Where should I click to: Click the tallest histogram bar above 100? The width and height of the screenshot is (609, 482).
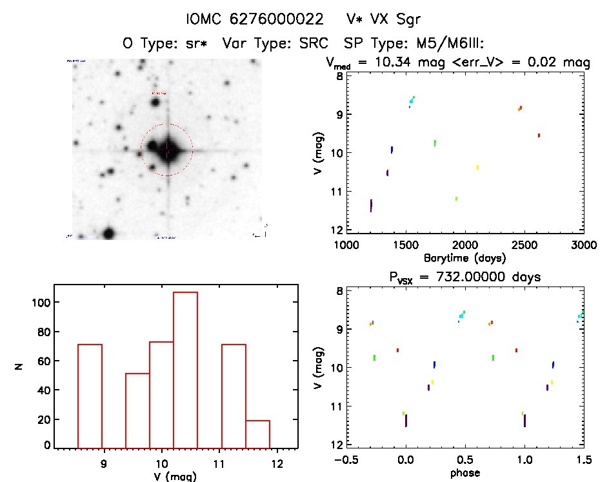(x=185, y=368)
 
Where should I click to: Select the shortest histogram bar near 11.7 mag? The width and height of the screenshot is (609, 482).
(x=257, y=432)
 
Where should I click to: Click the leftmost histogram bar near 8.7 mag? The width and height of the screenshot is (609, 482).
(x=90, y=395)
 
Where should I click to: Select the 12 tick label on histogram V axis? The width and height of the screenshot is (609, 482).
(x=277, y=463)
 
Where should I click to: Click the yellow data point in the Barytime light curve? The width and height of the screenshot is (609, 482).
(x=477, y=167)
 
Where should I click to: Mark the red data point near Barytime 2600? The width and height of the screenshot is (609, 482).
(x=539, y=135)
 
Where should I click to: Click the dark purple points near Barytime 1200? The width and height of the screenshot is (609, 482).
(x=371, y=205)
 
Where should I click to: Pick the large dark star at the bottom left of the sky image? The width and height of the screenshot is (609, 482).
(x=108, y=233)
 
